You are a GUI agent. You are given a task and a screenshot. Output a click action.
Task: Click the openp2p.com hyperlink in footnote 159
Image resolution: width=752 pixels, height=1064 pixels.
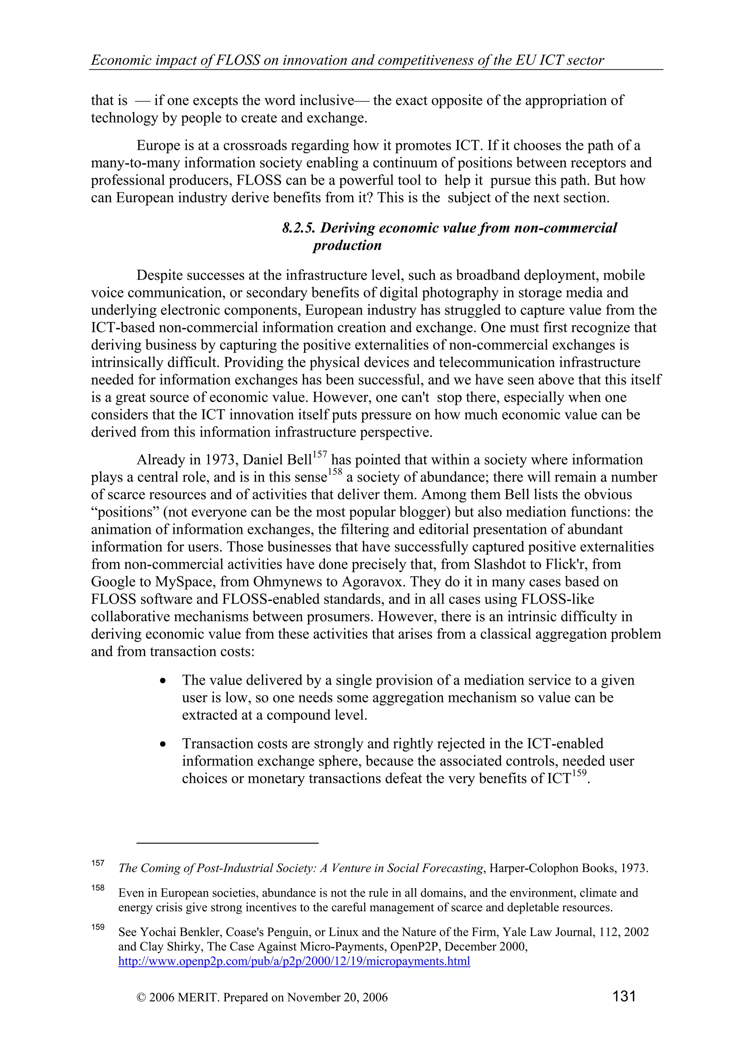[294, 961]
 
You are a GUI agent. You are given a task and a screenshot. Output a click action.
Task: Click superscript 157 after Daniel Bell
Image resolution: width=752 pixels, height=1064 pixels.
[320, 455]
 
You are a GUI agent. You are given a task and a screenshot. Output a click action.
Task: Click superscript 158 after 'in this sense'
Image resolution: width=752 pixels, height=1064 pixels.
[335, 472]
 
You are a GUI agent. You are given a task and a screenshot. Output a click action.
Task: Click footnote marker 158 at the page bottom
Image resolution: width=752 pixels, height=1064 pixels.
[98, 887]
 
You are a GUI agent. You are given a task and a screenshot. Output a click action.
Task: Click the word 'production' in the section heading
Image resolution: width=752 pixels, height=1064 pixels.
[347, 245]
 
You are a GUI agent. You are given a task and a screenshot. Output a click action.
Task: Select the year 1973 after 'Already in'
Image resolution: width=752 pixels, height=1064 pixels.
[221, 460]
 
